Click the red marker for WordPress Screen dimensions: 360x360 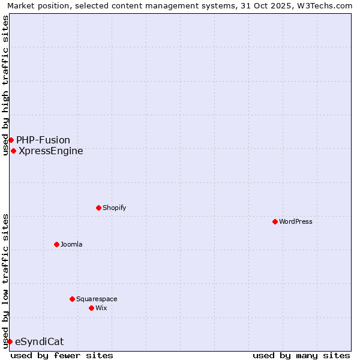point(275,221)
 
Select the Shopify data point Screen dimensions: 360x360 point(98,208)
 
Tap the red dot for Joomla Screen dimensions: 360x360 point(56,244)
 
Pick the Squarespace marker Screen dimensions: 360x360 point(72,299)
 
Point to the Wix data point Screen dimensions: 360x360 point(91,308)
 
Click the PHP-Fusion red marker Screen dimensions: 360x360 point(11,140)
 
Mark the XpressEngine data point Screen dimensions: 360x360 point(13,151)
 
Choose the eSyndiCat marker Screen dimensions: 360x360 point(10,341)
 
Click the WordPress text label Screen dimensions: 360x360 point(296,221)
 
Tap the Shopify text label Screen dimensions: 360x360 point(114,208)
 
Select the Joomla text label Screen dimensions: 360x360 point(71,244)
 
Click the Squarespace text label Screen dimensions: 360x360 point(97,299)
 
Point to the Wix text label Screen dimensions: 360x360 point(101,308)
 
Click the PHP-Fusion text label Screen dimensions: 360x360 point(43,140)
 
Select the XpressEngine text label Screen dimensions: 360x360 point(51,151)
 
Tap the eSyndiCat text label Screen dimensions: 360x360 point(39,341)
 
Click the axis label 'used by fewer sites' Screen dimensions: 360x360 point(62,355)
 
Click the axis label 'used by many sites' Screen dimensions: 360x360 point(301,355)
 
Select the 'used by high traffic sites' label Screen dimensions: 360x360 point(5,85)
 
